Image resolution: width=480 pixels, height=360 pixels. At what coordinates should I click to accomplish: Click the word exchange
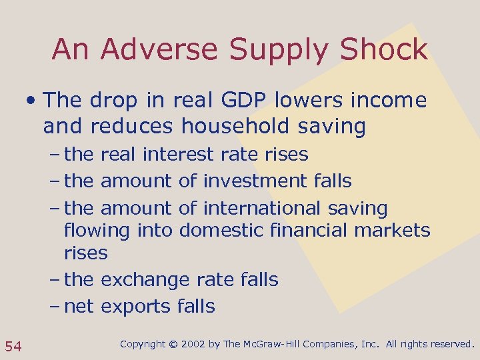click(x=145, y=280)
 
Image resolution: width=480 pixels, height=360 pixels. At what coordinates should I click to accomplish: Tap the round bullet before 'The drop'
click(x=31, y=101)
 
